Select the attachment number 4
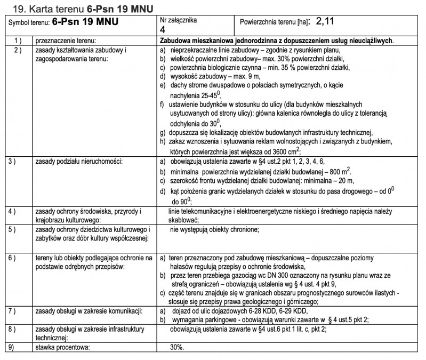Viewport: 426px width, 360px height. tap(163, 29)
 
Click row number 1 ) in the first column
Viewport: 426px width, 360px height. tap(17, 41)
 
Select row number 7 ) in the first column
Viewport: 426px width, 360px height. tap(17, 310)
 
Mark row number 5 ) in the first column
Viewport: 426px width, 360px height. tap(17, 229)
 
